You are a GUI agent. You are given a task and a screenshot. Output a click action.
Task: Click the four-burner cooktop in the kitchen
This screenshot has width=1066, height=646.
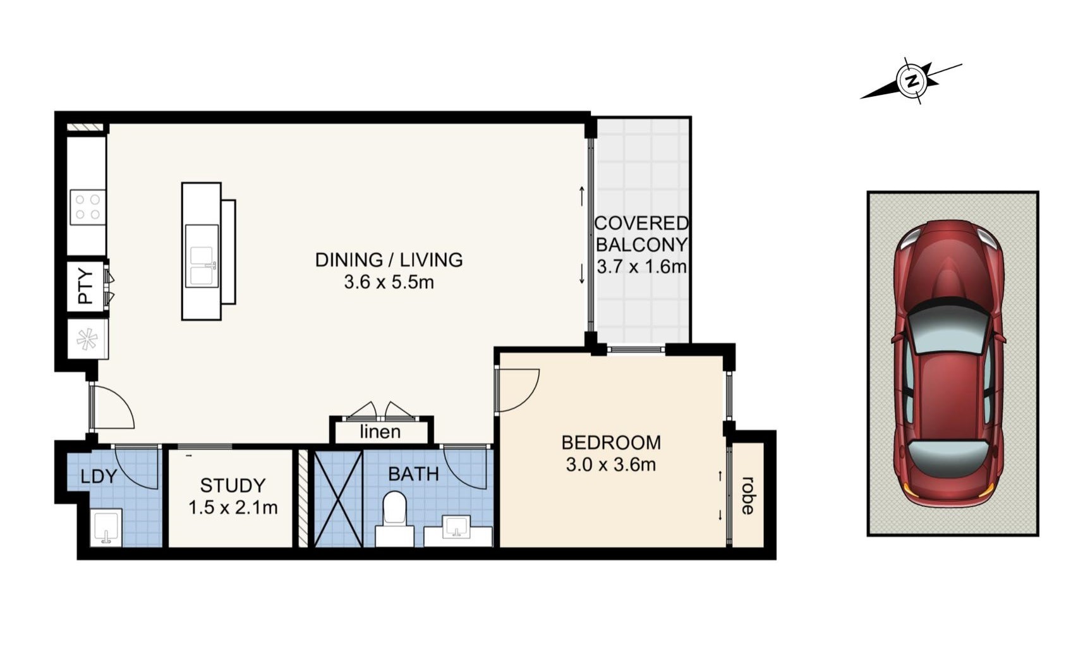click(88, 207)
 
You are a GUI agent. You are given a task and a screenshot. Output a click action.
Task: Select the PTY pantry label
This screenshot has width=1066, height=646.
click(86, 286)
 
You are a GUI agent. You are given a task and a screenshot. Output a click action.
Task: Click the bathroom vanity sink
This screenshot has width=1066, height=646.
click(456, 527)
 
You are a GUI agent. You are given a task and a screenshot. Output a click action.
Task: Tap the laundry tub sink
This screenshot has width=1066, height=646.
click(106, 527)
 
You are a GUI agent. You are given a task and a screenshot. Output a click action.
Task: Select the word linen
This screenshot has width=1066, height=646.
click(380, 432)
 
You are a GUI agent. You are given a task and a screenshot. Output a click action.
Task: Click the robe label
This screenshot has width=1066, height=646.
click(748, 496)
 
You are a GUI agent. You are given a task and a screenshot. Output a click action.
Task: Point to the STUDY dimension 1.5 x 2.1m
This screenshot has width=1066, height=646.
click(233, 508)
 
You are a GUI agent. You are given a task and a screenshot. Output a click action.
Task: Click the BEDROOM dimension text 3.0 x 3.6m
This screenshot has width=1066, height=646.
click(611, 464)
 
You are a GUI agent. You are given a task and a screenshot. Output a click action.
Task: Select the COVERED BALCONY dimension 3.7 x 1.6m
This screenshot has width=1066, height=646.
click(641, 267)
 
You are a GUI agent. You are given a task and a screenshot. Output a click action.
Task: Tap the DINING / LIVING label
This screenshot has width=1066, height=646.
click(389, 260)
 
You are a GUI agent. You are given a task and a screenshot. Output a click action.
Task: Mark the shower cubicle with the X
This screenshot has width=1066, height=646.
click(338, 499)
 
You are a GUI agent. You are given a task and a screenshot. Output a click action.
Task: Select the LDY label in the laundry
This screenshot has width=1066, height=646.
click(99, 476)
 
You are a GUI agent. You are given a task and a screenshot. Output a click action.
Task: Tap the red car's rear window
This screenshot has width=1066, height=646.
click(948, 458)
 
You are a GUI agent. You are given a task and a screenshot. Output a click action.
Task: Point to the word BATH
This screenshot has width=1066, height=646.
click(413, 474)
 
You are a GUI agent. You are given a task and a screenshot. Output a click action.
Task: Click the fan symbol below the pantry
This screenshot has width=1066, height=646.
click(87, 339)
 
